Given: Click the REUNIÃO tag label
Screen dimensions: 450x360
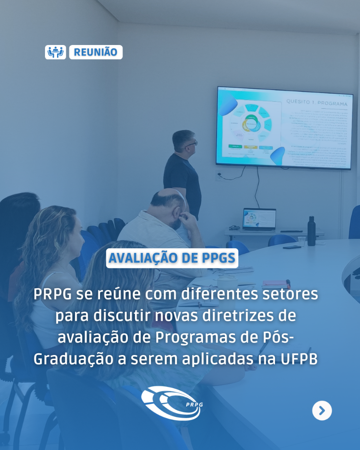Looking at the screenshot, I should [96, 52].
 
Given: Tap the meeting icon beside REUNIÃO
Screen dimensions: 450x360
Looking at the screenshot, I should [55, 52].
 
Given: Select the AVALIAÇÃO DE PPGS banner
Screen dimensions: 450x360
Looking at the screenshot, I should [172, 258].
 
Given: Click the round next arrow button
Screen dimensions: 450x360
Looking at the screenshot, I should [322, 410].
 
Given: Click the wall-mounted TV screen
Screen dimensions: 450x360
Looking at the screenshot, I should [284, 128].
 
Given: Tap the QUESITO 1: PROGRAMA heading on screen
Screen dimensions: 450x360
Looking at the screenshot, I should [316, 102].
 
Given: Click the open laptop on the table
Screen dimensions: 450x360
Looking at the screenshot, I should [259, 220].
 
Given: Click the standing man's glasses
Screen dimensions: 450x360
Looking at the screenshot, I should [191, 144].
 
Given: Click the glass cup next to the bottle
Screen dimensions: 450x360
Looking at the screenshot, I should [301, 241].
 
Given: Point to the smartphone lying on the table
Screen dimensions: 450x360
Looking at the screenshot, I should [292, 247].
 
